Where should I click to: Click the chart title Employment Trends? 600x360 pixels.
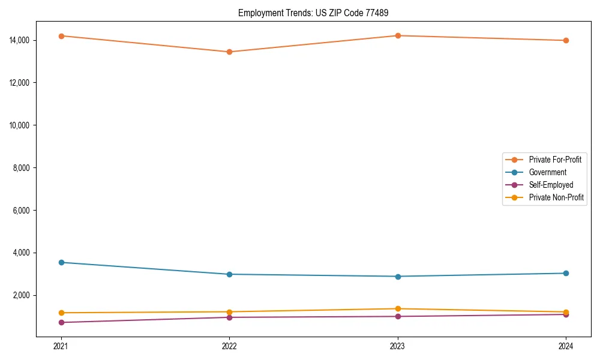coord(317,13)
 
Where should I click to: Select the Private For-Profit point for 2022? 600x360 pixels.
coord(229,52)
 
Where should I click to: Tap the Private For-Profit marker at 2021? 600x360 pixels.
coord(61,36)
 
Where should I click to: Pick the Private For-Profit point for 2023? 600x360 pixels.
coord(398,35)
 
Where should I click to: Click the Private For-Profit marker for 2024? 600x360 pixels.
coord(566,40)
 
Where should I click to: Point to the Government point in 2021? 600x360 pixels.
coord(61,262)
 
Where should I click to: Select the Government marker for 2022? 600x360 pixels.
coord(229,274)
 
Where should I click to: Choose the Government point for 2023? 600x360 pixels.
coord(398,277)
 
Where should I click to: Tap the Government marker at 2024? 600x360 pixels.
coord(566,273)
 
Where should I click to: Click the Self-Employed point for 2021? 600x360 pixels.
coord(61,322)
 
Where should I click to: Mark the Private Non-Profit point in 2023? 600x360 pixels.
coord(398,308)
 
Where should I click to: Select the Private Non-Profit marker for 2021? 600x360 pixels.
coord(61,313)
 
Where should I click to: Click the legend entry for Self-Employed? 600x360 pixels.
coord(551,185)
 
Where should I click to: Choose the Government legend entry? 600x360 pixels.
coord(547,172)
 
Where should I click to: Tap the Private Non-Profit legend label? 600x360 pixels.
coord(556,197)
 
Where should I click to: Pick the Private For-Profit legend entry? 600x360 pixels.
coord(554,160)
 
